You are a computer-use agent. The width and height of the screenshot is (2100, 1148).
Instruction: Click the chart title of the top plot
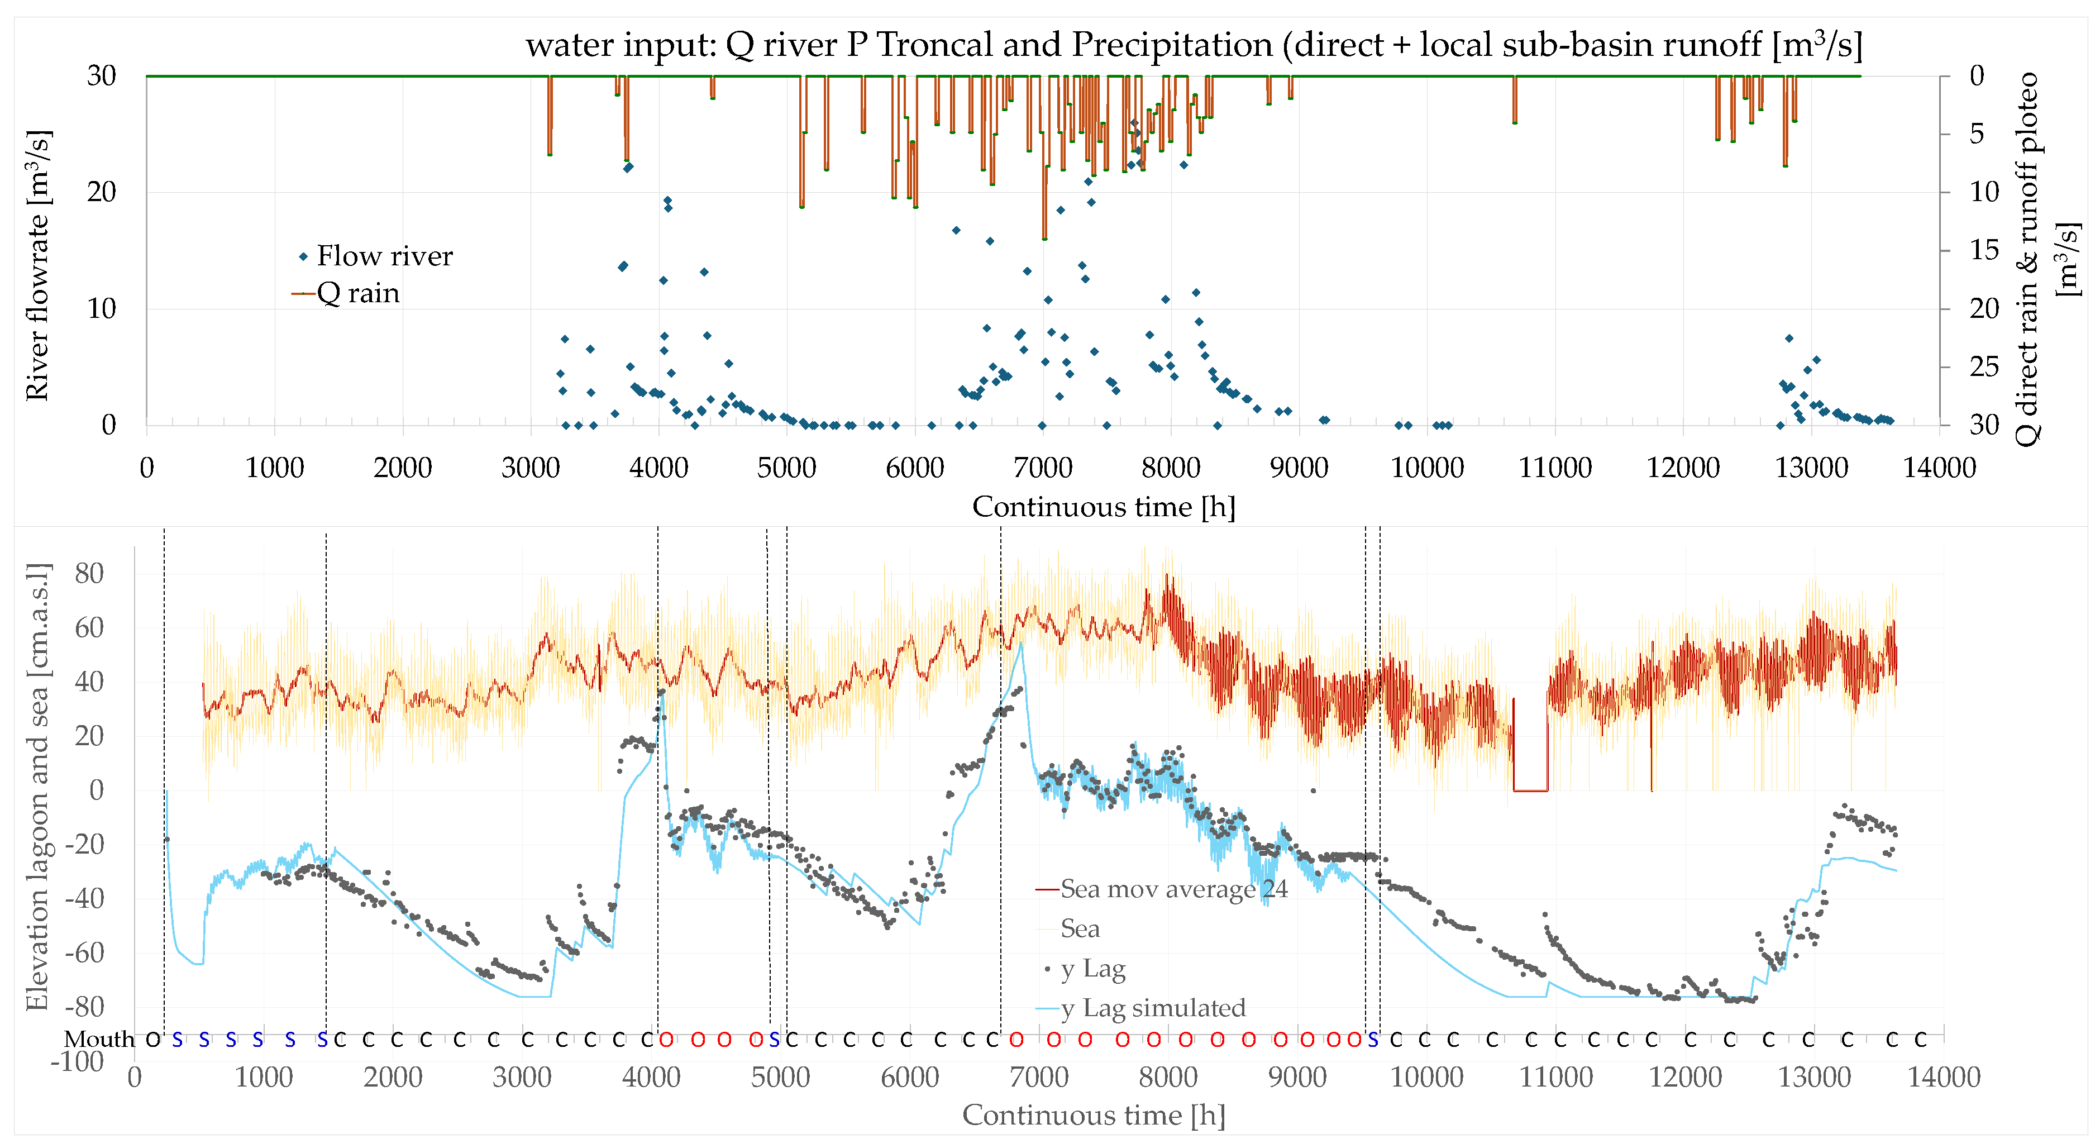(1194, 45)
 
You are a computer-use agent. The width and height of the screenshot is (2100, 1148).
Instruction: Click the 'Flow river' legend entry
(383, 256)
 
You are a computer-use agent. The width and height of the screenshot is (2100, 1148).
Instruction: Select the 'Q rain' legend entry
(357, 293)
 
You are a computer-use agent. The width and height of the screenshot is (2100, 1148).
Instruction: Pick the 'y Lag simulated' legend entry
(1153, 1008)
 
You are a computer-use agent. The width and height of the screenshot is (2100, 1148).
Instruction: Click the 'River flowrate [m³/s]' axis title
(37, 265)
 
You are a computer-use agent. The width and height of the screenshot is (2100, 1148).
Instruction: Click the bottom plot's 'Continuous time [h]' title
(1093, 1114)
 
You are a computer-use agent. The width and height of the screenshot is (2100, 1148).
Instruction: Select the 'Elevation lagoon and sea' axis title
(37, 786)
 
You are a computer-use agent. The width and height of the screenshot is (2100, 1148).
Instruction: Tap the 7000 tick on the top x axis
(1043, 468)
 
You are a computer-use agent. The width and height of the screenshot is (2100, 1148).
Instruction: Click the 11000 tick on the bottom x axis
(1555, 1077)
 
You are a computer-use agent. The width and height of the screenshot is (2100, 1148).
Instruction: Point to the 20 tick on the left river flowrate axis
(102, 192)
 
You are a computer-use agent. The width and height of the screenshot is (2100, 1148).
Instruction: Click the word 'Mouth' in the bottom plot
(99, 1039)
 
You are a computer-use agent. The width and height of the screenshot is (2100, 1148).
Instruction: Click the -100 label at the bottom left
(78, 1061)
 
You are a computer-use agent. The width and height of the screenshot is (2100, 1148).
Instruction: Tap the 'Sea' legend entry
(1080, 928)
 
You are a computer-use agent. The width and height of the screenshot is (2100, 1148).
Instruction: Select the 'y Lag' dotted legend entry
(1092, 969)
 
